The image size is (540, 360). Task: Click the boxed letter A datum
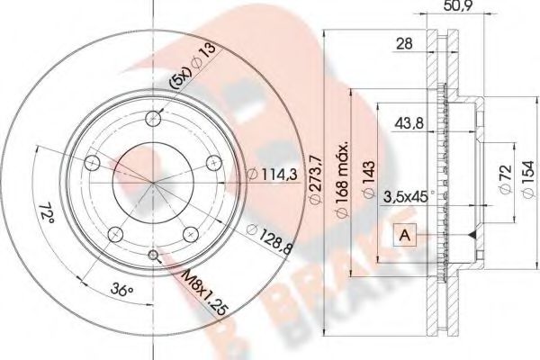404,235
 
